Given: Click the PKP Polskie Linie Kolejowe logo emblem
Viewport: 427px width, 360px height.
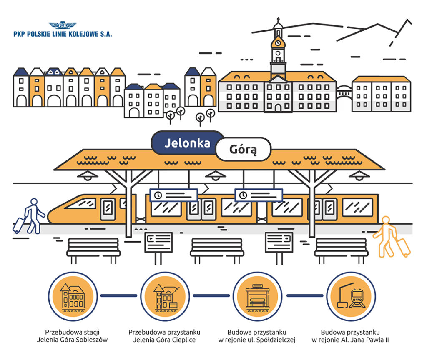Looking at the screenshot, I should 63,25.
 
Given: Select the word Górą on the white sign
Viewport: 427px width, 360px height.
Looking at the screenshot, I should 243,149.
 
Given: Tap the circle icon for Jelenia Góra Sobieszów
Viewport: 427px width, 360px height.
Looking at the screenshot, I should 73,296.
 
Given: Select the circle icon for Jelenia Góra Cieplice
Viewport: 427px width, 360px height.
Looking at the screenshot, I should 166,296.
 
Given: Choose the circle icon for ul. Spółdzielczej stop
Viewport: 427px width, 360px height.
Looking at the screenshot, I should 257,296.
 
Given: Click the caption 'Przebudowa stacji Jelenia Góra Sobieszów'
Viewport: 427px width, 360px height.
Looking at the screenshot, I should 73,336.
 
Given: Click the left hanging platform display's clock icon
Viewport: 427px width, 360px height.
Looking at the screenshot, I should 158,195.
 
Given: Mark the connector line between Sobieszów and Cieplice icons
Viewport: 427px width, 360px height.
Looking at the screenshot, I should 119,296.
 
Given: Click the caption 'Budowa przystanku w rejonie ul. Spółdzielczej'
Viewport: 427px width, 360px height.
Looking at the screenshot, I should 257,336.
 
